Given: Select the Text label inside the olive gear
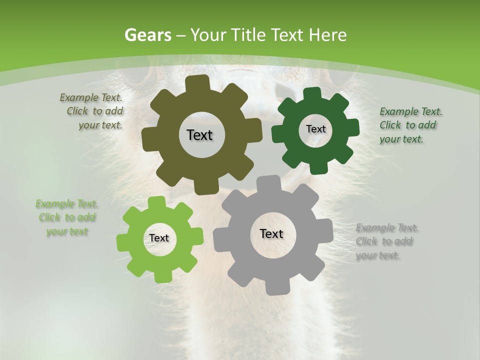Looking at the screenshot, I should pos(199,135).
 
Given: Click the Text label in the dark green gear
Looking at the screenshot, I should pos(315,129).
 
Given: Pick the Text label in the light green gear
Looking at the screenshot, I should pos(159,238).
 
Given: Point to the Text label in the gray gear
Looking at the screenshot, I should pos(271,233).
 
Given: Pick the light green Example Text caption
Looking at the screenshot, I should pos(66,217).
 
